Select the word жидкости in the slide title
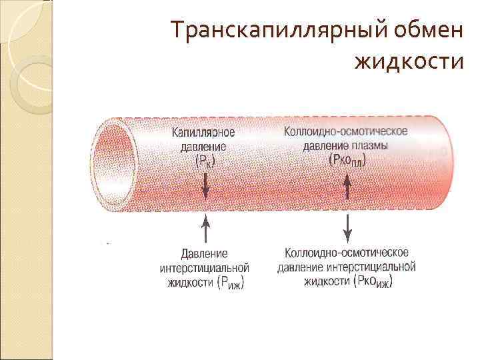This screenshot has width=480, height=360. click(408, 62)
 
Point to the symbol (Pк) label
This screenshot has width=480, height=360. click(205, 161)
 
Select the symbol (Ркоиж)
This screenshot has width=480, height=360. click(373, 283)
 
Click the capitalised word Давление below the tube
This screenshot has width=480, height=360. click(205, 254)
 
